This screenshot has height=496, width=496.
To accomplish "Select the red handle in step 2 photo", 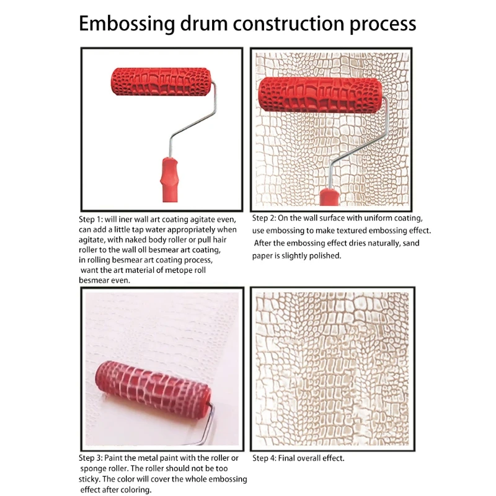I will tap(329, 198).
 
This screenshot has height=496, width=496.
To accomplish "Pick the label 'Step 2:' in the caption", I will tap(267, 218).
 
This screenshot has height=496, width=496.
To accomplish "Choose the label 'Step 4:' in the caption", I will tap(267, 458).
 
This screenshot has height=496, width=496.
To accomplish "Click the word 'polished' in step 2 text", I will tap(321, 255).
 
